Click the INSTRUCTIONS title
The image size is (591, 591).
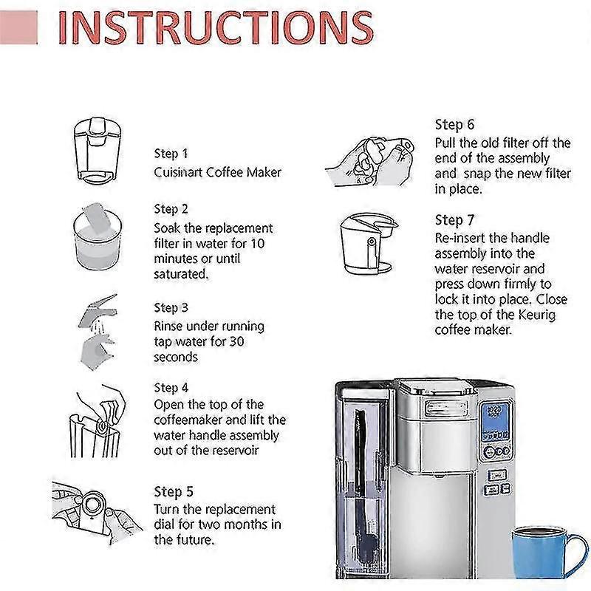coord(215,28)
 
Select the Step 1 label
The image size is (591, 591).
coord(171,154)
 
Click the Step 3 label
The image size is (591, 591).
coord(171,307)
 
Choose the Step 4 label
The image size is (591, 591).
coord(171,387)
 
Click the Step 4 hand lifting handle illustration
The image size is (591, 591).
coord(97,422)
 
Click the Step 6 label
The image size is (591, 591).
coord(454,124)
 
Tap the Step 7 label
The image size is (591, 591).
coord(454,220)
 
